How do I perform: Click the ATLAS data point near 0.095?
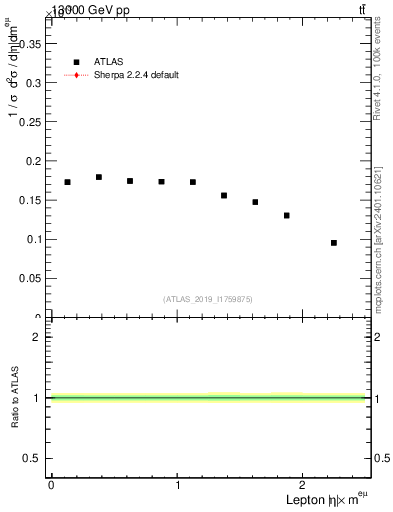(334, 243)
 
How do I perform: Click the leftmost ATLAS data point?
(67, 182)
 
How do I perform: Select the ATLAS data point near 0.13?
(287, 215)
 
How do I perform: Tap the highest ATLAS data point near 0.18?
(99, 177)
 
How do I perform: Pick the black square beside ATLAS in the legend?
(76, 62)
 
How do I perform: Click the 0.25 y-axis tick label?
(35, 121)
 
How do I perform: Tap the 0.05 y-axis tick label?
(35, 278)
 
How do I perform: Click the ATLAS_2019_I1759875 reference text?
(208, 299)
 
